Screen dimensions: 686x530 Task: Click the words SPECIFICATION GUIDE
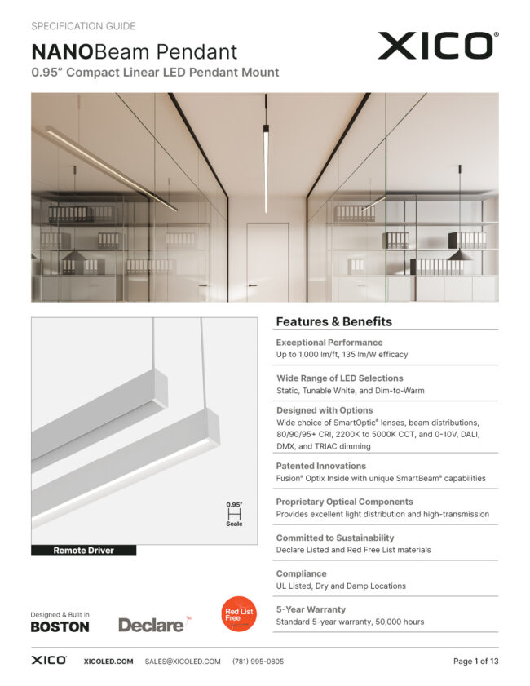pyautogui.click(x=83, y=27)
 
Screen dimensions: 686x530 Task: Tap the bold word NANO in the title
pyautogui.click(x=62, y=52)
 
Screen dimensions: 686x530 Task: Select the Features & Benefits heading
pyautogui.click(x=333, y=321)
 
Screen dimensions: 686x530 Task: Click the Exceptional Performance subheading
pyautogui.click(x=329, y=343)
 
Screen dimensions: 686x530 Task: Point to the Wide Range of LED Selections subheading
pyautogui.click(x=339, y=378)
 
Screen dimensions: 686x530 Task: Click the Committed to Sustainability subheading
pyautogui.click(x=334, y=538)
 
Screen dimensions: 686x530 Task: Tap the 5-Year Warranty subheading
pyautogui.click(x=311, y=609)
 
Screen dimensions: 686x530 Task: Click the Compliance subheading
pyautogui.click(x=301, y=573)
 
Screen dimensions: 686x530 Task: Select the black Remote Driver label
pyautogui.click(x=83, y=551)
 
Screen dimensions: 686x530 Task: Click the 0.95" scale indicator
pyautogui.click(x=234, y=515)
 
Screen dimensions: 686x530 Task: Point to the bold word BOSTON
pyautogui.click(x=60, y=627)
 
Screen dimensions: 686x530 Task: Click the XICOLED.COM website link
pyautogui.click(x=108, y=662)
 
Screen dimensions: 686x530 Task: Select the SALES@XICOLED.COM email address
pyautogui.click(x=183, y=662)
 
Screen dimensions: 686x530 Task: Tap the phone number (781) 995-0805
pyautogui.click(x=258, y=662)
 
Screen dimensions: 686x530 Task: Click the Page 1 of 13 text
pyautogui.click(x=475, y=662)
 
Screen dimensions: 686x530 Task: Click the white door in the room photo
pyautogui.click(x=268, y=261)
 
